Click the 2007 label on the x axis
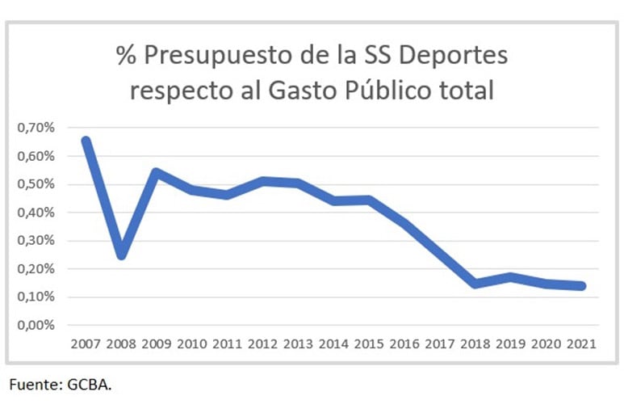[x=86, y=343]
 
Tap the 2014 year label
[x=334, y=343]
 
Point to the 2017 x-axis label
[x=440, y=343]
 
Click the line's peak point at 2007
[x=86, y=141]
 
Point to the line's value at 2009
[x=157, y=172]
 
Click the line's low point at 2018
[x=475, y=284]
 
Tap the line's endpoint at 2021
[x=581, y=286]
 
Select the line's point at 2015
[x=369, y=200]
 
